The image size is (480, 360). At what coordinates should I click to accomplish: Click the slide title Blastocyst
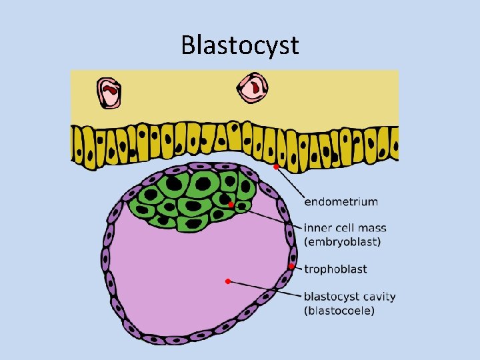click(x=240, y=45)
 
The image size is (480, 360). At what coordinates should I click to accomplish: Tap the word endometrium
click(x=341, y=201)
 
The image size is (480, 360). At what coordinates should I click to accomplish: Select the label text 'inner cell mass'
click(x=345, y=228)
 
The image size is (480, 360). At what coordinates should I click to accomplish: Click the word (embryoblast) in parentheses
click(x=343, y=242)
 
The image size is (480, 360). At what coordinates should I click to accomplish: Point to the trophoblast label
click(x=335, y=269)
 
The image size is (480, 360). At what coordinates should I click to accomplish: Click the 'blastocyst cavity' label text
click(x=349, y=297)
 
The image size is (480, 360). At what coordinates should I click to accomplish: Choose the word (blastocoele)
click(x=339, y=311)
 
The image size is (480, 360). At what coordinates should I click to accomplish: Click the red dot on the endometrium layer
click(x=275, y=167)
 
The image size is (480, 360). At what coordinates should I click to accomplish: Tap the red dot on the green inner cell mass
click(x=231, y=205)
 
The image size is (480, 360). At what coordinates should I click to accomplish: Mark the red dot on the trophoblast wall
click(x=291, y=267)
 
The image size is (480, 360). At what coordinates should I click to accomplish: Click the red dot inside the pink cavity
click(x=227, y=281)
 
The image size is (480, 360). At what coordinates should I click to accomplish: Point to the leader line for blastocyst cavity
click(x=263, y=289)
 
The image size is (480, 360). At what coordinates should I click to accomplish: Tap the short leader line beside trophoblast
click(x=297, y=268)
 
